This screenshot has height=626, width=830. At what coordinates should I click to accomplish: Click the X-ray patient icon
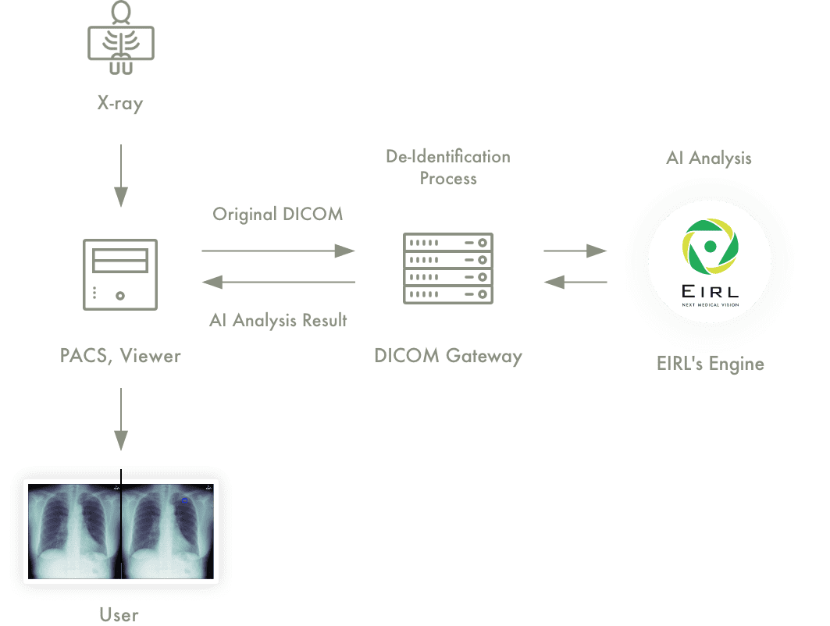click(x=121, y=38)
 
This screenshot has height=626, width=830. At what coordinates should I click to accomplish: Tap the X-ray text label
click(x=120, y=103)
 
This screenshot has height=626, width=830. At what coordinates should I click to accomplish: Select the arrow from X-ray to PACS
click(x=121, y=176)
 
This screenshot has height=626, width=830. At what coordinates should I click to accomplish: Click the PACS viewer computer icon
click(x=120, y=275)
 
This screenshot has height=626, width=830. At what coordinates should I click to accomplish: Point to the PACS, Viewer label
click(x=120, y=356)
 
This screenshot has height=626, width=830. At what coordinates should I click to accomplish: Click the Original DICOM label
click(x=278, y=214)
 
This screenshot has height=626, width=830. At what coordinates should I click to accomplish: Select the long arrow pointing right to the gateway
click(x=279, y=251)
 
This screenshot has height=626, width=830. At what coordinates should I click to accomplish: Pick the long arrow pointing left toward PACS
click(x=279, y=282)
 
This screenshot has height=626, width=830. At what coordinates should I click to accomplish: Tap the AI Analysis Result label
click(x=278, y=320)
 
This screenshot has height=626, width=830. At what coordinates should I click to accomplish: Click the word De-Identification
click(x=448, y=157)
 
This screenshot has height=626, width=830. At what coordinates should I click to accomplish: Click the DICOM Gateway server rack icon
click(x=448, y=269)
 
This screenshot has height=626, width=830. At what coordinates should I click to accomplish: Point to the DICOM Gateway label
click(x=448, y=356)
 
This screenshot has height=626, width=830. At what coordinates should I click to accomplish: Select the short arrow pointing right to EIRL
click(x=575, y=251)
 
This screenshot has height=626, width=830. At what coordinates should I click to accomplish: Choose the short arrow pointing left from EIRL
click(x=575, y=282)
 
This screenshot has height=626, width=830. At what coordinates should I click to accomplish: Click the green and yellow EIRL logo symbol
click(x=711, y=247)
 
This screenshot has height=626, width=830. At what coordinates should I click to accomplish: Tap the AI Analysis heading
click(x=709, y=158)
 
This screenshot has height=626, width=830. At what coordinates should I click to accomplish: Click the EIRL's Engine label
click(x=711, y=364)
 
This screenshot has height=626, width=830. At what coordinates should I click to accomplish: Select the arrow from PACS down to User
click(x=121, y=419)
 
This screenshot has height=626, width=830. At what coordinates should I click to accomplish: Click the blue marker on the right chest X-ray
click(x=185, y=500)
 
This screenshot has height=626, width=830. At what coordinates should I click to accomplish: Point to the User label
click(x=119, y=614)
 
